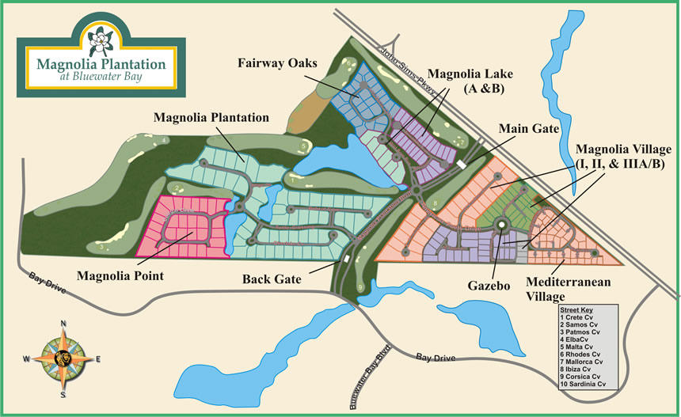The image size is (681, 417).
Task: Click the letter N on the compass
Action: pyautogui.click(x=62, y=323)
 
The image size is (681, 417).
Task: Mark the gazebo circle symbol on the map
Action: pyautogui.click(x=501, y=226)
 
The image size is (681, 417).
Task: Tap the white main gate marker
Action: pyautogui.click(x=462, y=164)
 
